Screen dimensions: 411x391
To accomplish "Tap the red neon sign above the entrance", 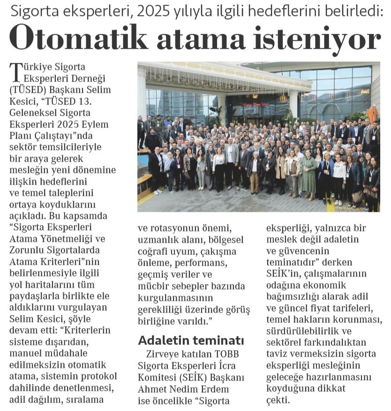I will click(x=256, y=97).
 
